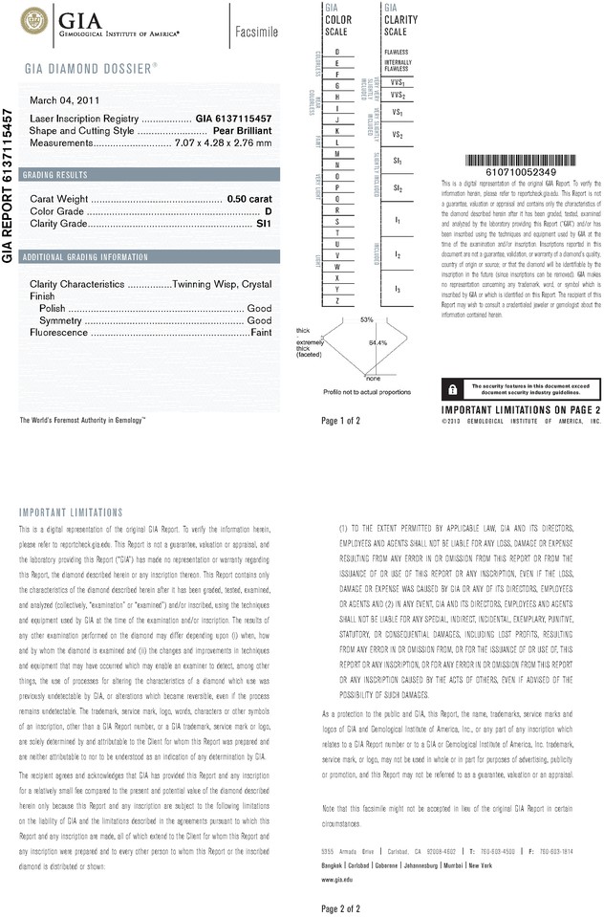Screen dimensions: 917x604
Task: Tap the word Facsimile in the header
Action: (256, 33)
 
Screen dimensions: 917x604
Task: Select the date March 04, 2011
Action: (61, 100)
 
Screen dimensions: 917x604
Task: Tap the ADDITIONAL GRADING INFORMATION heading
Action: (85, 257)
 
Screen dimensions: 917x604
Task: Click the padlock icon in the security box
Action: (450, 388)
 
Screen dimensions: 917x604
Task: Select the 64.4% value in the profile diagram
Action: (377, 341)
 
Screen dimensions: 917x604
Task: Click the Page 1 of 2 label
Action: (341, 420)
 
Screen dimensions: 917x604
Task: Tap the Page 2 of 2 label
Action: (341, 907)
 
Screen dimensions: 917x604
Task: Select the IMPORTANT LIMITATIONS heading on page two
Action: (71, 513)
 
